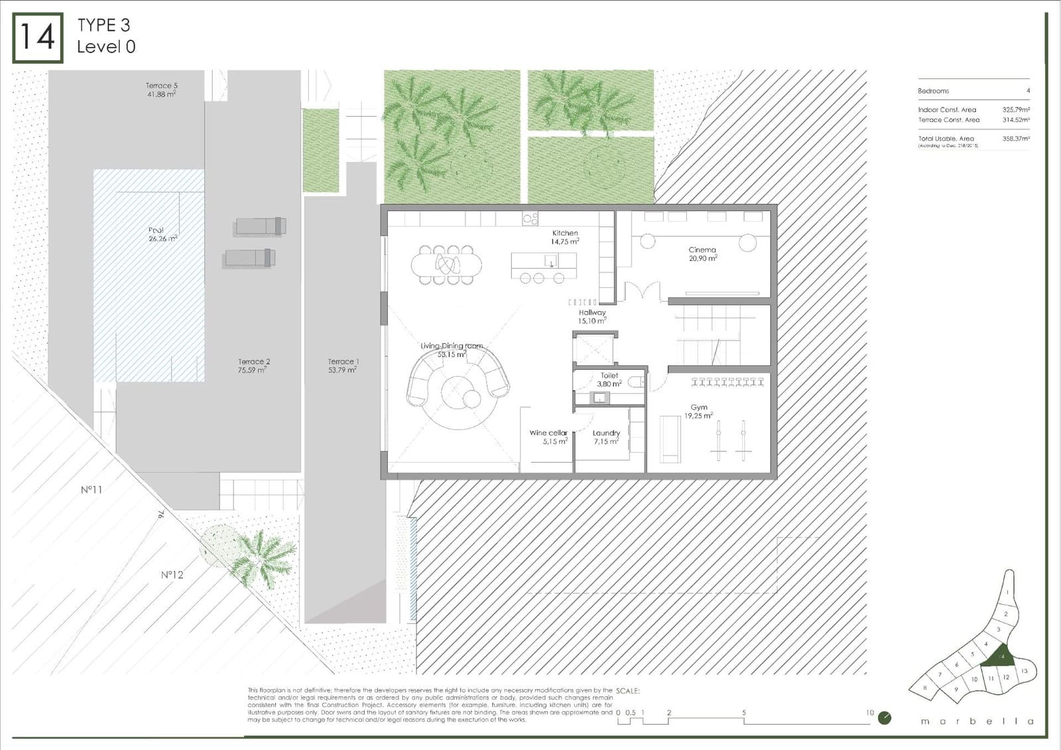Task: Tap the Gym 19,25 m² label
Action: tap(698, 412)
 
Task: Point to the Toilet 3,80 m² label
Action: tap(609, 380)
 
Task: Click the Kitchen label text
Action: tap(565, 233)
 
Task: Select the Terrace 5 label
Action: tap(161, 90)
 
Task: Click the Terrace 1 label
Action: tap(343, 366)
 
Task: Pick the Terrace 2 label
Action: tap(253, 366)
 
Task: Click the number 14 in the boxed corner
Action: tap(38, 37)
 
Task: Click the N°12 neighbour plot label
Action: tap(172, 575)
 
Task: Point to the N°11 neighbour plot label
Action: tap(92, 490)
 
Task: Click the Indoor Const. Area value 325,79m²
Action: tap(1015, 110)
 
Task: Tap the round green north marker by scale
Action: tap(884, 717)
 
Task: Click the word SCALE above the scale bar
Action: tap(627, 691)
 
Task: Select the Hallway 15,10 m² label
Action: tap(592, 317)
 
